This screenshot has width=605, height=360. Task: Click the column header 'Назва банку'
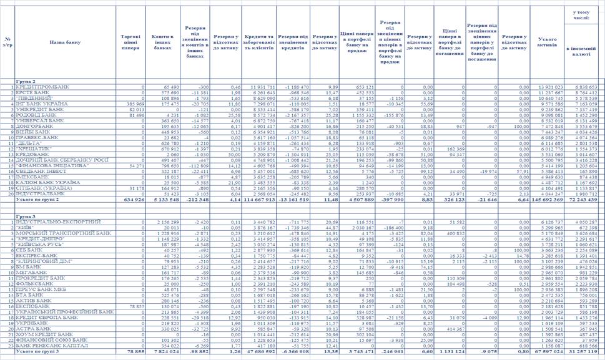(x=65, y=42)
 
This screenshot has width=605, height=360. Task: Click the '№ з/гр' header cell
(x=7, y=42)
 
